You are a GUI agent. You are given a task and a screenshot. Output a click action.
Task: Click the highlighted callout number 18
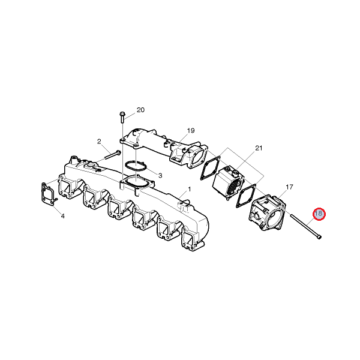319,214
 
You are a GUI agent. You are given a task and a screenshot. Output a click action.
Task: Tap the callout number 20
140,110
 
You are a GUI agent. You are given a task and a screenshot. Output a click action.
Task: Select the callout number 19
191,131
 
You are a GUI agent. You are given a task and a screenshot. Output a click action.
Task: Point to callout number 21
259,148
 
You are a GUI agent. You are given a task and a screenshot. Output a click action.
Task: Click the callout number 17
289,187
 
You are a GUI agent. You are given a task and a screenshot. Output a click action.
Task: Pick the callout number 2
99,142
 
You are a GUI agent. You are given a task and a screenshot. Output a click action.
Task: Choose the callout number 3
160,176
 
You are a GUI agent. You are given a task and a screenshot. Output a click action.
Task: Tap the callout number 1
190,189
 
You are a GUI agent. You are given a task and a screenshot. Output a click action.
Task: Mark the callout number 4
62,216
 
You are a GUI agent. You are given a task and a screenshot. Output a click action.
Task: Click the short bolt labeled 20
122,117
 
